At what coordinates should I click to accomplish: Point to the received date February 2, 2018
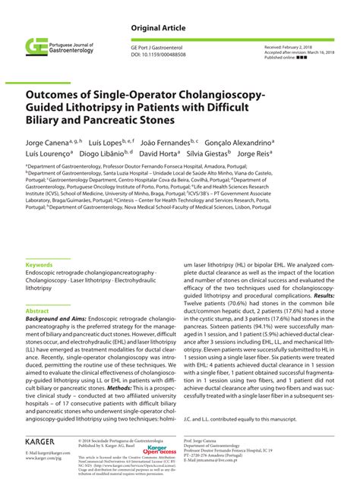click(x=310, y=47)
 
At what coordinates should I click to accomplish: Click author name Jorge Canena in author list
click(x=47, y=143)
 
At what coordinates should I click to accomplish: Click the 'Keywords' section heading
click(x=39, y=265)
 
